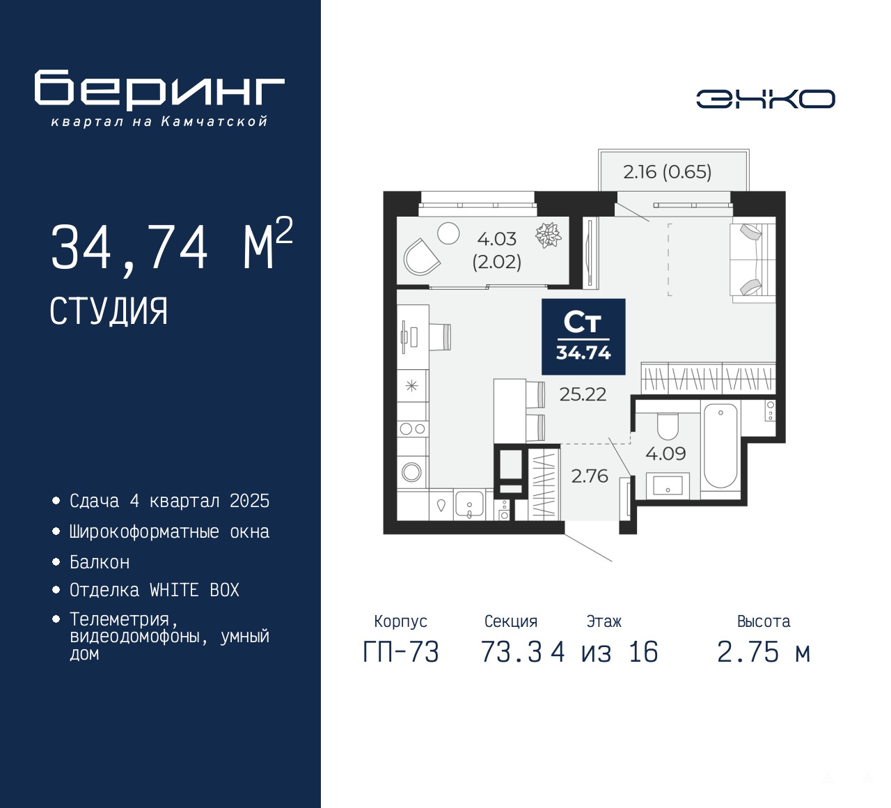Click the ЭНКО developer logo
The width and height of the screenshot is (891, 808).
click(x=765, y=99)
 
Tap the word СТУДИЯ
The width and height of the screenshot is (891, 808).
click(x=109, y=311)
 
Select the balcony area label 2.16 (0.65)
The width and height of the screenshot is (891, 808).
click(x=667, y=172)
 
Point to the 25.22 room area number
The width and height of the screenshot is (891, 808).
click(x=583, y=394)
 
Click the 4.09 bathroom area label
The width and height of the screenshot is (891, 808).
click(x=665, y=453)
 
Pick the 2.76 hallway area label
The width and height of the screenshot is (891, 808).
click(x=590, y=476)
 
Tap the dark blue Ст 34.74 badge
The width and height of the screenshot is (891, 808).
click(x=583, y=336)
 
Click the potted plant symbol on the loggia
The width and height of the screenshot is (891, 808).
click(x=548, y=235)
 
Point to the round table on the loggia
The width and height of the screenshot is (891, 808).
click(x=448, y=233)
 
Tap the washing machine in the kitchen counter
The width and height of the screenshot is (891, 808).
click(x=412, y=472)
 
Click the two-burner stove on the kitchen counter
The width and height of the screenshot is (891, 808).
click(x=413, y=429)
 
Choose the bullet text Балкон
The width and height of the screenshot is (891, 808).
click(x=100, y=562)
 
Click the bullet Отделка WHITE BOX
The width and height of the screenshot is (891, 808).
click(x=154, y=590)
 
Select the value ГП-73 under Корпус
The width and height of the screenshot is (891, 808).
click(x=401, y=652)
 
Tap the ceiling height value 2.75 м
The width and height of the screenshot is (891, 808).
click(x=764, y=652)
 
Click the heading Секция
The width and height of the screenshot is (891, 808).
click(x=511, y=621)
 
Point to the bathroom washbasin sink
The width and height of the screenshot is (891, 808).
click(x=668, y=485)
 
